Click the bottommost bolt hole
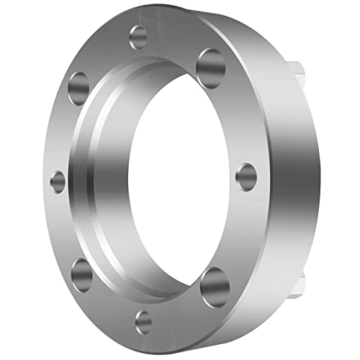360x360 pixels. click(145, 321)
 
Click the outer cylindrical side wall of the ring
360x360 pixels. click(288, 180)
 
